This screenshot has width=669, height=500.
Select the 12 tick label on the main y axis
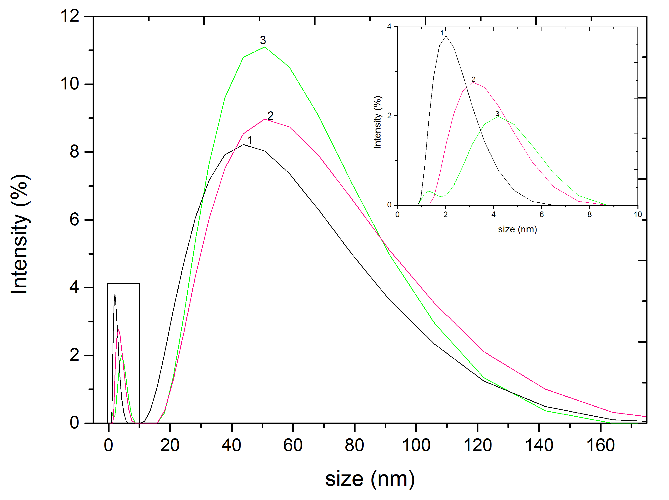70,16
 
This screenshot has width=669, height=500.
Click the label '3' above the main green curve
263,40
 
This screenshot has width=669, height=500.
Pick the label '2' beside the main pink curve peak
270,116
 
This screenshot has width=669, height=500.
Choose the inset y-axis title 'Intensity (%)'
377,122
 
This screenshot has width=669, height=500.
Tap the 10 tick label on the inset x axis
638,215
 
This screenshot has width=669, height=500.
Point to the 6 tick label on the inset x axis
541,215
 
